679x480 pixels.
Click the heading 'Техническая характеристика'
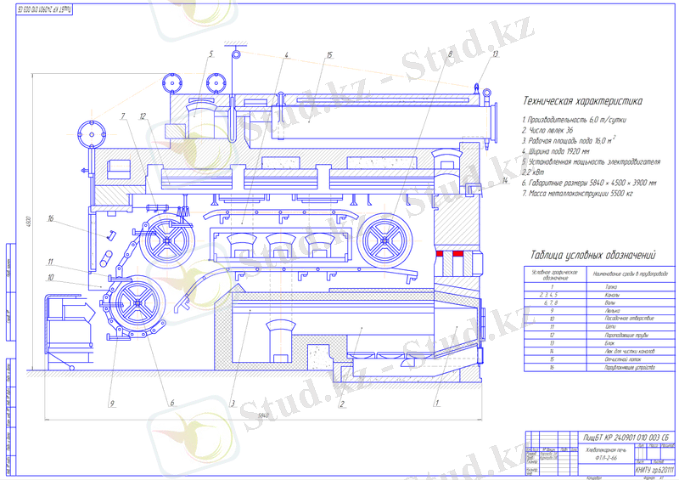582,100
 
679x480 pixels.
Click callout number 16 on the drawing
51,219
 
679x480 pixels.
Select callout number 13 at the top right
494,54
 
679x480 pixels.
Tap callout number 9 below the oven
112,404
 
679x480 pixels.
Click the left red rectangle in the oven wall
440,254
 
